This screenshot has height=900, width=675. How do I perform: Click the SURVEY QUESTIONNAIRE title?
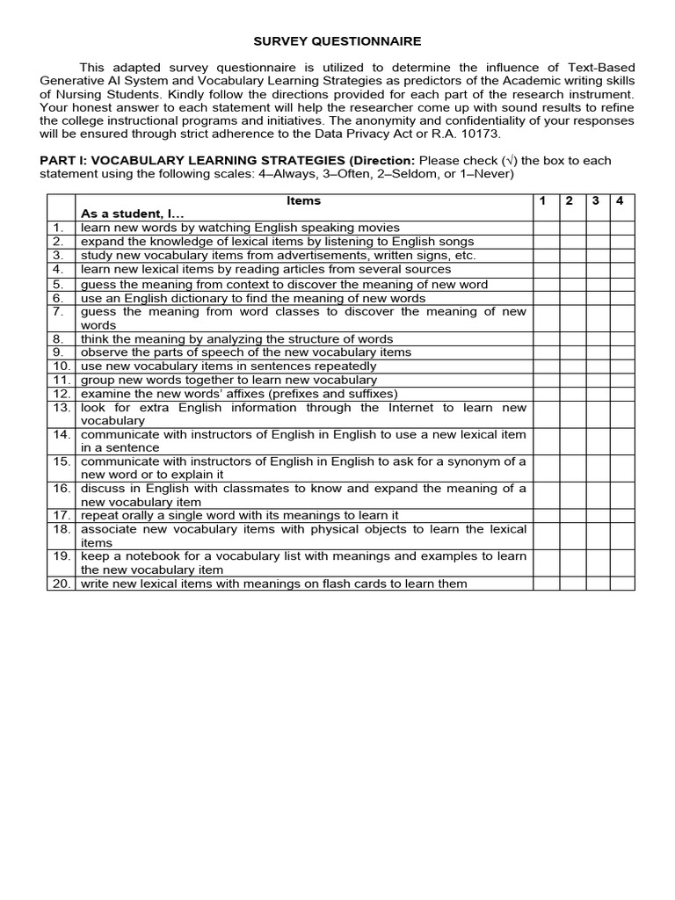(x=337, y=40)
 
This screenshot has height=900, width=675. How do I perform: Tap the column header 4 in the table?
(x=620, y=200)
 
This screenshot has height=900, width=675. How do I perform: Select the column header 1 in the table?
(x=544, y=200)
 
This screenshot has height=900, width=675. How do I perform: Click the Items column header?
(x=304, y=200)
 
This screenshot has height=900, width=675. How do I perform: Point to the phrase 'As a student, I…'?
(x=133, y=214)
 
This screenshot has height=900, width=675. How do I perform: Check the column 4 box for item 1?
(x=621, y=227)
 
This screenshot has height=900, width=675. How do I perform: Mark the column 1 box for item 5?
(x=545, y=285)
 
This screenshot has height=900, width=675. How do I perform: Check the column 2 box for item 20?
(x=570, y=584)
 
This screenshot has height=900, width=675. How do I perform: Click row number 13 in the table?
(x=61, y=408)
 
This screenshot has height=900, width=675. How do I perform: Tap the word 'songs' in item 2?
(x=454, y=241)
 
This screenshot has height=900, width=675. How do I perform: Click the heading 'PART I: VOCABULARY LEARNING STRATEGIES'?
(x=193, y=161)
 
